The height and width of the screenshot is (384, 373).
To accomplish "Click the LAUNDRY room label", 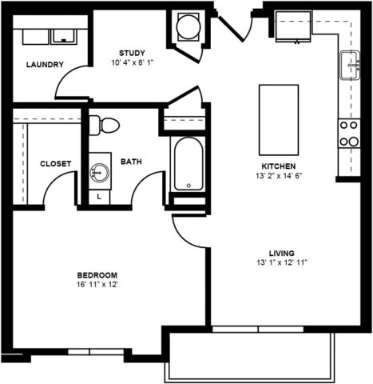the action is tap(45, 65).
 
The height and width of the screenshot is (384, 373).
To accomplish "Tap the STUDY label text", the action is tap(132, 53).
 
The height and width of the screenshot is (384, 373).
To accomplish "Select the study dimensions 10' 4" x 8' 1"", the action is tap(133, 62).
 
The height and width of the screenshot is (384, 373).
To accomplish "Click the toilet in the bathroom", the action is tap(104, 125).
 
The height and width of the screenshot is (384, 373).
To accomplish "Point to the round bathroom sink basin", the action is tap(100, 173).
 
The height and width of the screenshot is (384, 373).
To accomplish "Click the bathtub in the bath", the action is tap(188, 163).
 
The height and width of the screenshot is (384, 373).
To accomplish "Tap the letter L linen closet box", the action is tap(99, 198).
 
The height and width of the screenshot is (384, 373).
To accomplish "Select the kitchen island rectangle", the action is tap(279, 120).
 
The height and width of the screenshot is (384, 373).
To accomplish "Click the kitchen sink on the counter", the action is tap(350, 65).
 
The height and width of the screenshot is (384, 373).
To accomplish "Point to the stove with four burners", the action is tap(349, 134).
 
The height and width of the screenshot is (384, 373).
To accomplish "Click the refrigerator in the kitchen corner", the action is tap(293, 26).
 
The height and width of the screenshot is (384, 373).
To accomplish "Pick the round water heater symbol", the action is tap(188, 27).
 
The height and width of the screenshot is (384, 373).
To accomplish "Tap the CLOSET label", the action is tap(56, 163).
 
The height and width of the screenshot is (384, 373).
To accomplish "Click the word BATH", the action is tap(131, 162).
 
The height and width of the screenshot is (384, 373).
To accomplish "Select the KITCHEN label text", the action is tap(279, 166).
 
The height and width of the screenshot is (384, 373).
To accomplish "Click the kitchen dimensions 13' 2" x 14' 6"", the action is tap(279, 176).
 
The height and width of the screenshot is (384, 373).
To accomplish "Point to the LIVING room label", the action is tap(282, 253).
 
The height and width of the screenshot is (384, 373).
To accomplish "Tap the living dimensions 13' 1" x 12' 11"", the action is tap(282, 262).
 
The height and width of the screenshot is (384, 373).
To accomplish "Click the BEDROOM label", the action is tap(97, 275).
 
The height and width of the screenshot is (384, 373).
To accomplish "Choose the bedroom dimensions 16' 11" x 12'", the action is tap(97, 285).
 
